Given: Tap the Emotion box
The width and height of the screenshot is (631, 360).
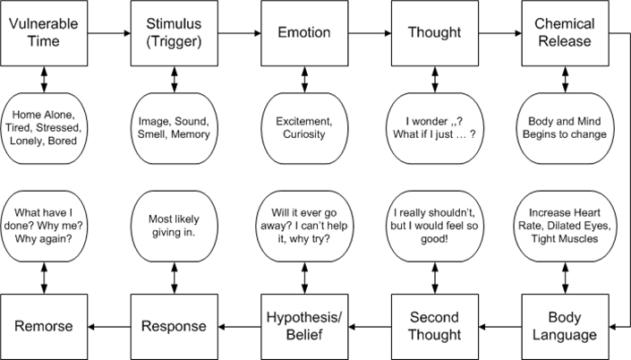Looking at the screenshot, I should pyautogui.click(x=304, y=33).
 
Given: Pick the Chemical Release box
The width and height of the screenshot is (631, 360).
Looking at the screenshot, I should pyautogui.click(x=564, y=33).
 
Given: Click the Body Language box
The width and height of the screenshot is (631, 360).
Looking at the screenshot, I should pyautogui.click(x=564, y=326).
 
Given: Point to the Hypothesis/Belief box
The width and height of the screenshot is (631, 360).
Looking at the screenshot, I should pyautogui.click(x=304, y=326).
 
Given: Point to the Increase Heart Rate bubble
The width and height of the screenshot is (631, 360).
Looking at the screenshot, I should pyautogui.click(x=564, y=222).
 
